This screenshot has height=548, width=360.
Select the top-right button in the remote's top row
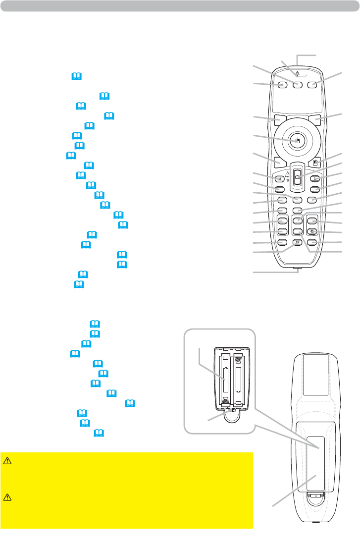pyautogui.click(x=312, y=85)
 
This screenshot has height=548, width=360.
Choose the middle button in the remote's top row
pyautogui.click(x=297, y=85)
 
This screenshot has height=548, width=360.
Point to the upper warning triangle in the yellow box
pyautogui.click(x=7, y=460)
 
